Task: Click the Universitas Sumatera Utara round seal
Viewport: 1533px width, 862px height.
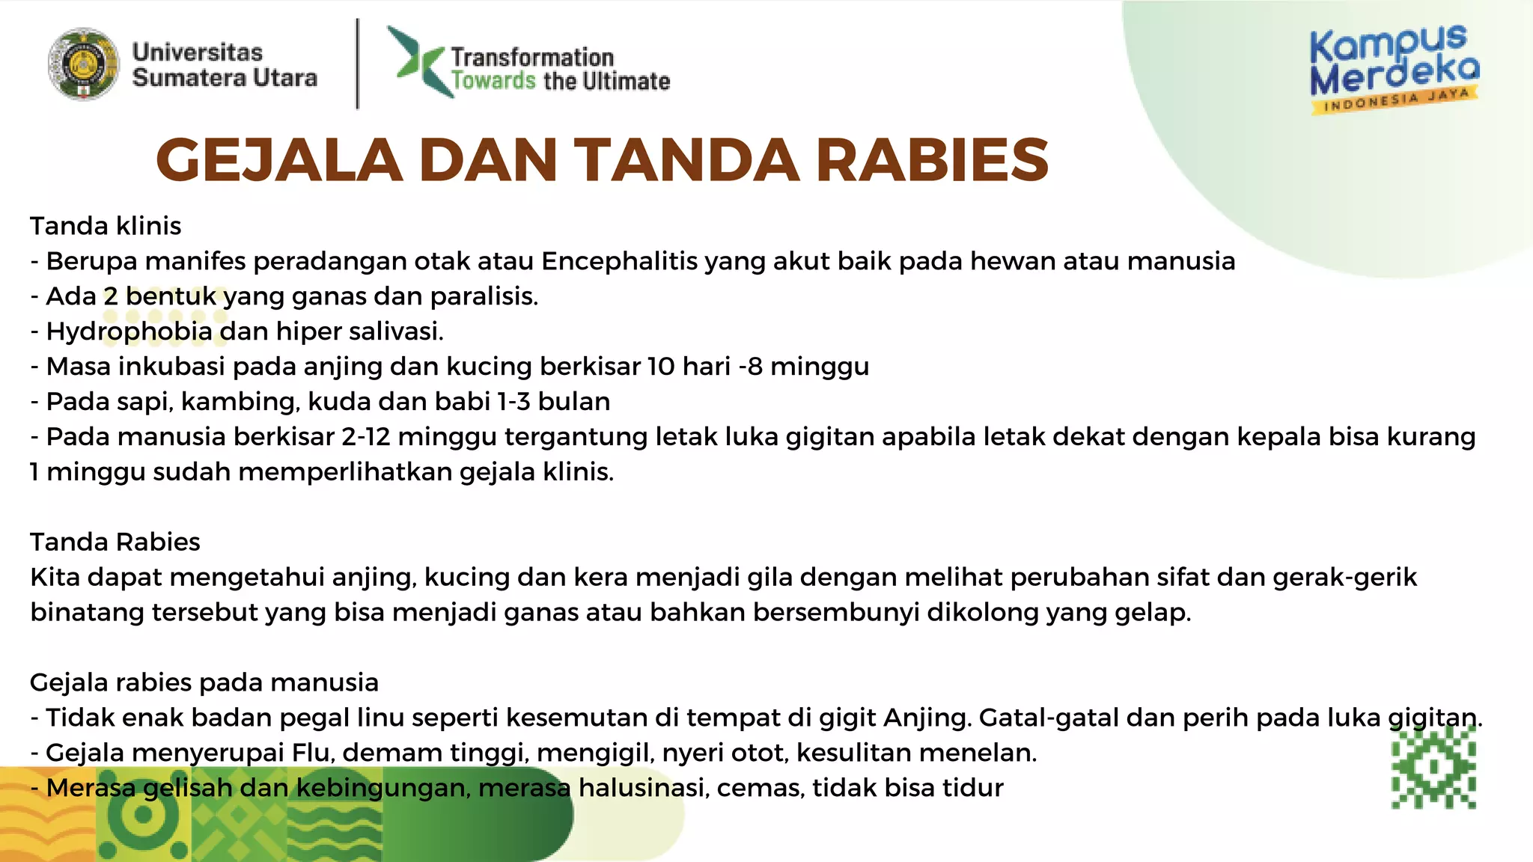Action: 83,64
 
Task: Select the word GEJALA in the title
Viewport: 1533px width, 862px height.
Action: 279,160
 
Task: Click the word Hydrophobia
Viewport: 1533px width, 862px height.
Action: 129,331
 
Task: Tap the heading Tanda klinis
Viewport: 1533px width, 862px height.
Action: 106,226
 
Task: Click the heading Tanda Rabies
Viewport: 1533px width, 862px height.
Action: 115,542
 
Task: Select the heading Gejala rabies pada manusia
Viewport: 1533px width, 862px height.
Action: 204,682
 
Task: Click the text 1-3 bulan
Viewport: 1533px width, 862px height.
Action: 554,402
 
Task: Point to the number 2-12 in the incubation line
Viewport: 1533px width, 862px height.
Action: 366,437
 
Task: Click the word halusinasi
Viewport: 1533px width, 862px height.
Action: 643,788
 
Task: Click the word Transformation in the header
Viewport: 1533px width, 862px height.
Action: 532,57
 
